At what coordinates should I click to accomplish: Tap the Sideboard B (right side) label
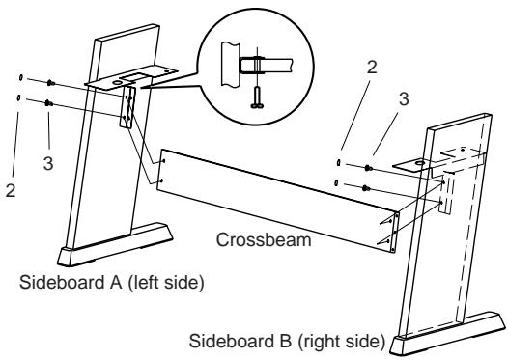pos(290,341)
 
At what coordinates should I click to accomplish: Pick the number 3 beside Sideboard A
pos(47,163)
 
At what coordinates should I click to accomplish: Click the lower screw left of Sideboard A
pos(47,102)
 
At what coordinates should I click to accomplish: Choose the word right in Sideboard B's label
pos(333,341)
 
